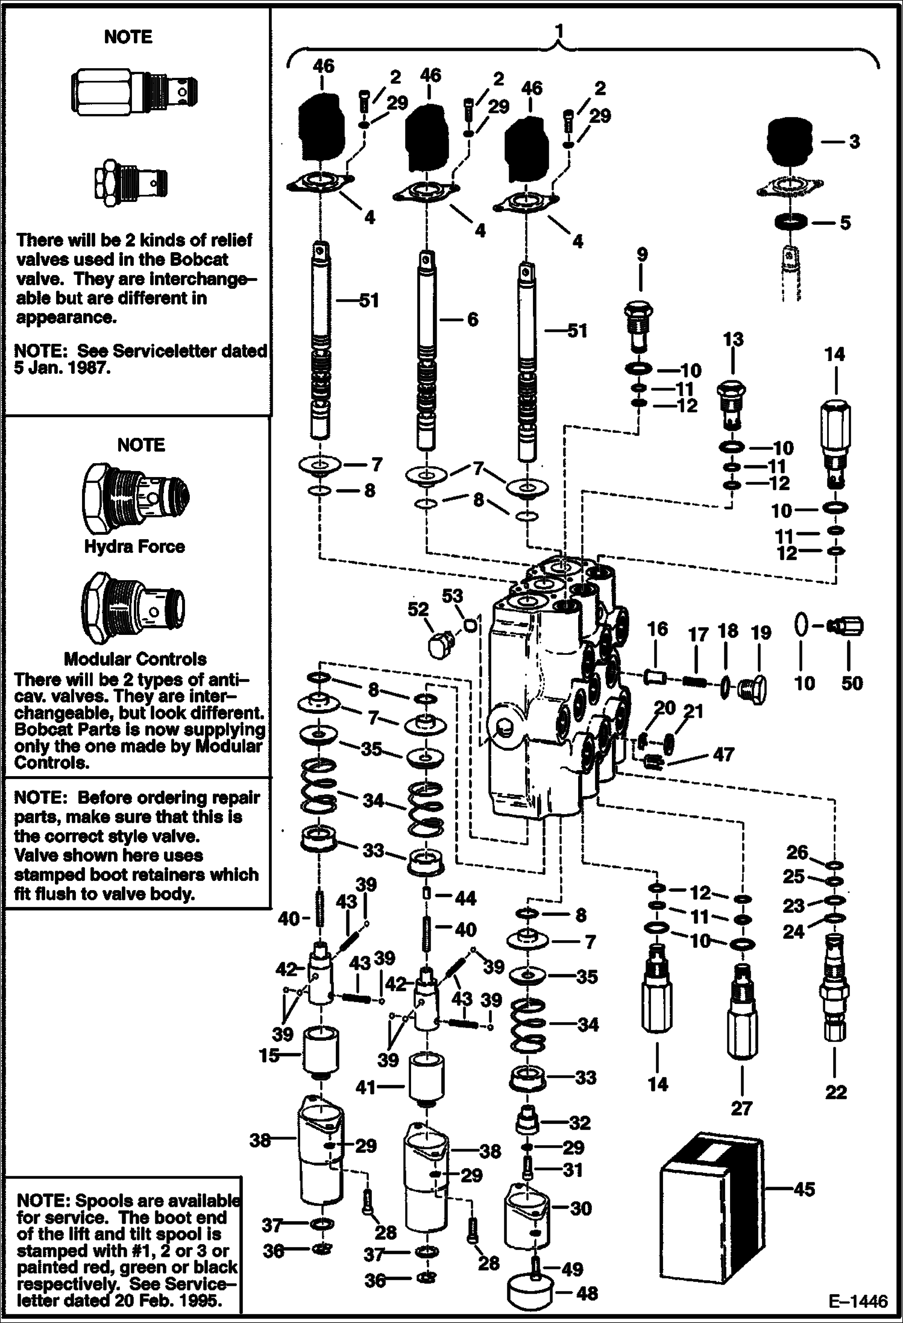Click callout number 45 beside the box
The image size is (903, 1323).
click(x=804, y=1189)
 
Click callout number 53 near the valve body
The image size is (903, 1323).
click(x=452, y=596)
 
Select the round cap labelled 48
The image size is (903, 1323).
click(x=531, y=1292)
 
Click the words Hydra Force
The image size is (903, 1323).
click(x=134, y=546)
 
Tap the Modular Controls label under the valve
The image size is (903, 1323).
click(x=135, y=658)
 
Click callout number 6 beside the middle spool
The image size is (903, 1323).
click(x=472, y=319)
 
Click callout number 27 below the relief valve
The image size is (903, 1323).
click(x=741, y=1108)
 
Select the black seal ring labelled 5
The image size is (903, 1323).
click(x=790, y=222)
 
